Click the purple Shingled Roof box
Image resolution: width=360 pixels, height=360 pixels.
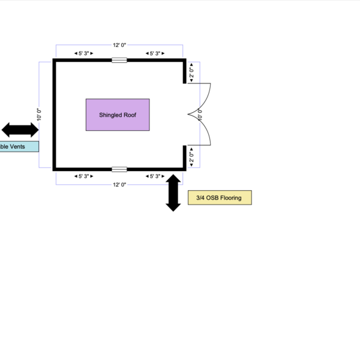(118, 115)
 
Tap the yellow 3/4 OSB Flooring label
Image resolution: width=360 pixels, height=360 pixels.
(219, 197)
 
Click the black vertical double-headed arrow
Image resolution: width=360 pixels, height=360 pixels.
(173, 193)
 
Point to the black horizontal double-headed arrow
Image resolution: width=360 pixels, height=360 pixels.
(20, 129)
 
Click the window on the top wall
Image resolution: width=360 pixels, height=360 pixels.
(119, 60)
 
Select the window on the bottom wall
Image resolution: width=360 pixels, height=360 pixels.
(119, 169)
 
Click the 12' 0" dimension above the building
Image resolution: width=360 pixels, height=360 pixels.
(119, 45)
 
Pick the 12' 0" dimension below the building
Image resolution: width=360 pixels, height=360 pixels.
(119, 185)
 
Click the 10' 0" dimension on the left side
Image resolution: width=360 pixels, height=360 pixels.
(39, 115)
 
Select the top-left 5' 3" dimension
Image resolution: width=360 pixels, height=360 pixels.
(83, 53)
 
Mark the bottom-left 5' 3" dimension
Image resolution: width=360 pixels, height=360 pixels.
(83, 176)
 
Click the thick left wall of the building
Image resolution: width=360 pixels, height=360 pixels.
(55, 115)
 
